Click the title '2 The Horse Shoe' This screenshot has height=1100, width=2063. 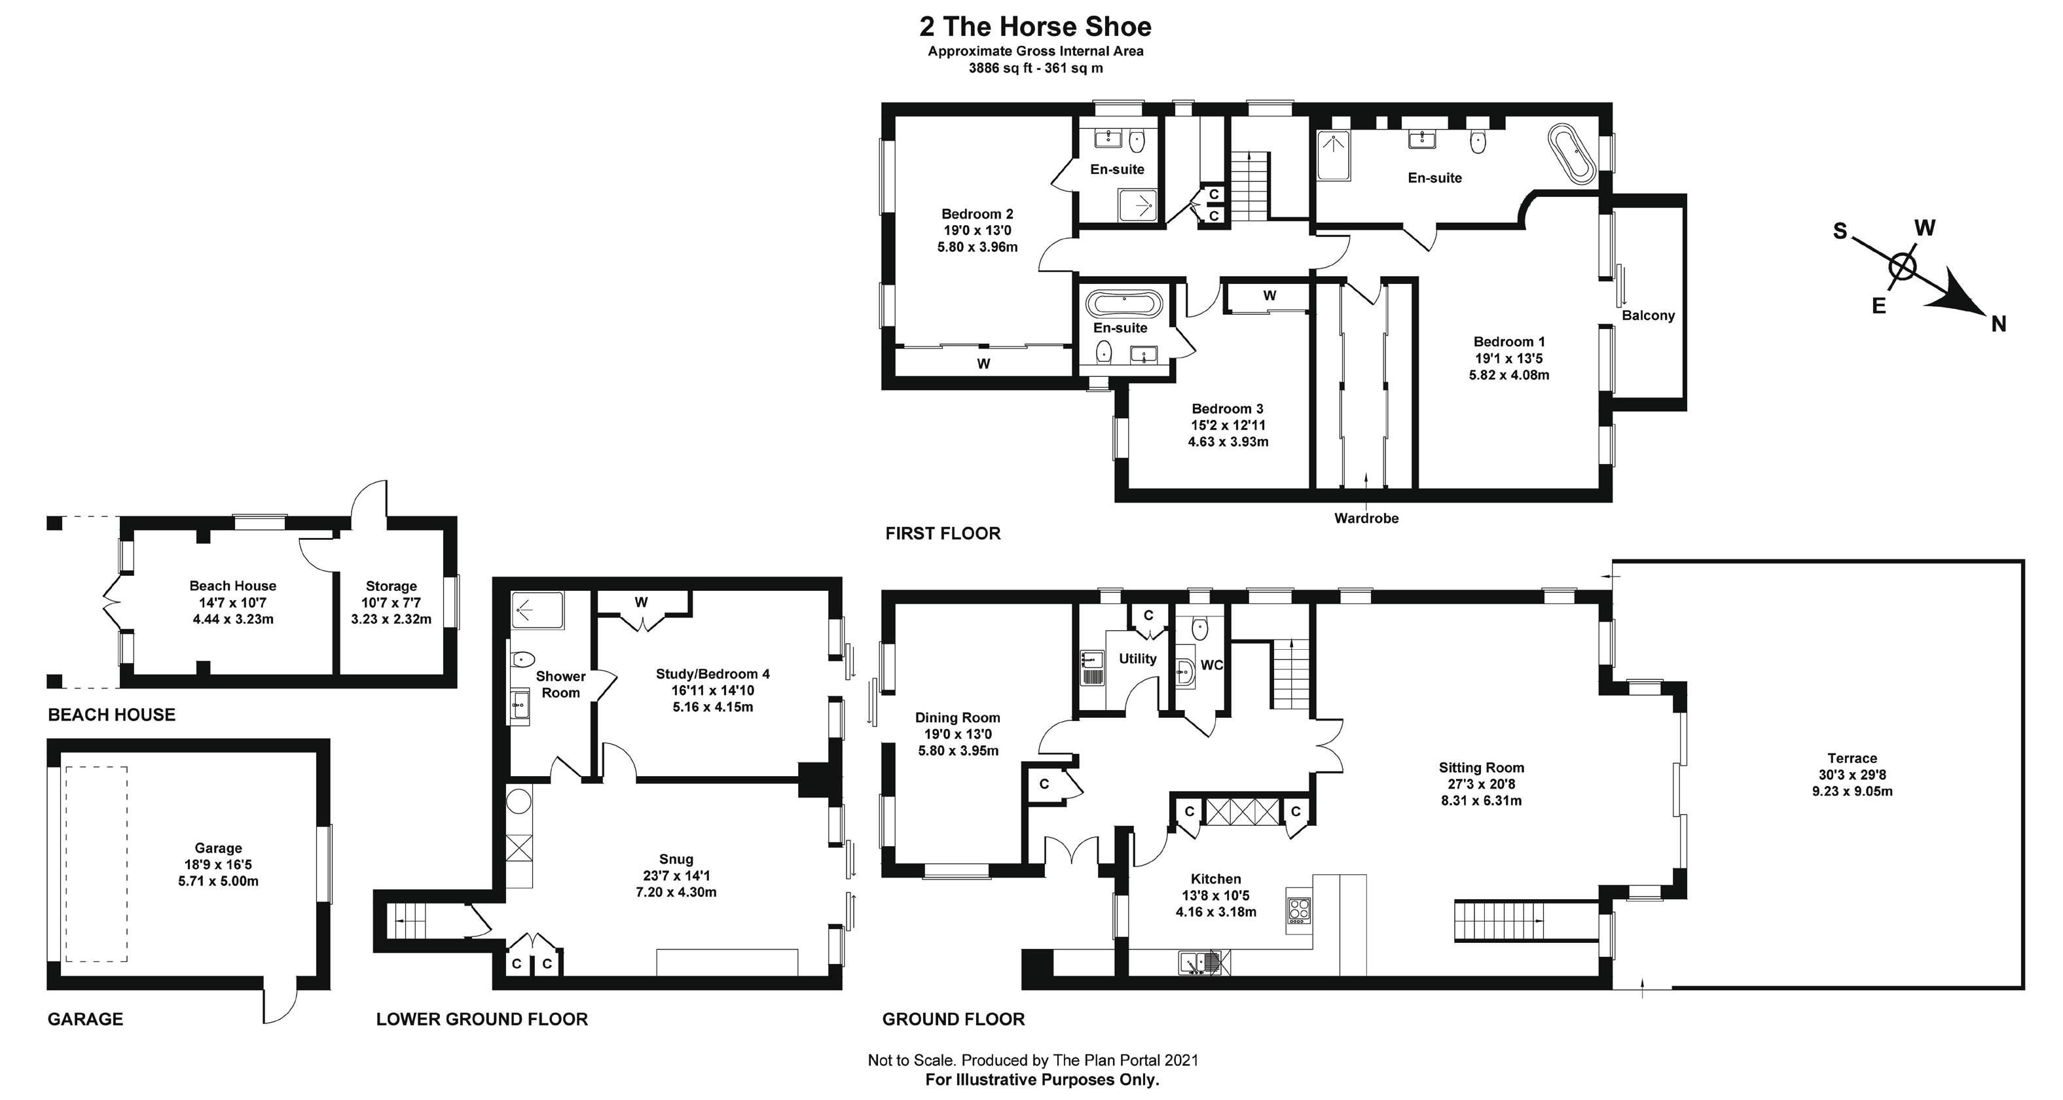coord(1036,26)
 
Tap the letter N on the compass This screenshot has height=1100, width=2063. coord(1999,323)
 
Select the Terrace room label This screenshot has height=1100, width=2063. coord(1852,758)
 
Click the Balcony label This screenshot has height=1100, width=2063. coord(1648,315)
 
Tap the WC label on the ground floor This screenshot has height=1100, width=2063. coord(1212,665)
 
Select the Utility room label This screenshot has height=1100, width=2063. coord(1137,659)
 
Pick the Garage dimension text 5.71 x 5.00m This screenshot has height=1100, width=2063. coord(218,881)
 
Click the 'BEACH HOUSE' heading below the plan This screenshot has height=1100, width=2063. coord(111,715)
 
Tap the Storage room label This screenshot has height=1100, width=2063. coord(391,586)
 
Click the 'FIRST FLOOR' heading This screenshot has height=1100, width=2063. coord(943,533)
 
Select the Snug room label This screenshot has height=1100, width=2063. coord(676,859)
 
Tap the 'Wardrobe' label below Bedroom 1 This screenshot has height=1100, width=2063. coord(1366,518)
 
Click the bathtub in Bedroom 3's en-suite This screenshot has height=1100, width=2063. coord(1124,304)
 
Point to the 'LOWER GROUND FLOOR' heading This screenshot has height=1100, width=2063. coord(482,1019)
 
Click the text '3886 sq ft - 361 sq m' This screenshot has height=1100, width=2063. coord(1036,68)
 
